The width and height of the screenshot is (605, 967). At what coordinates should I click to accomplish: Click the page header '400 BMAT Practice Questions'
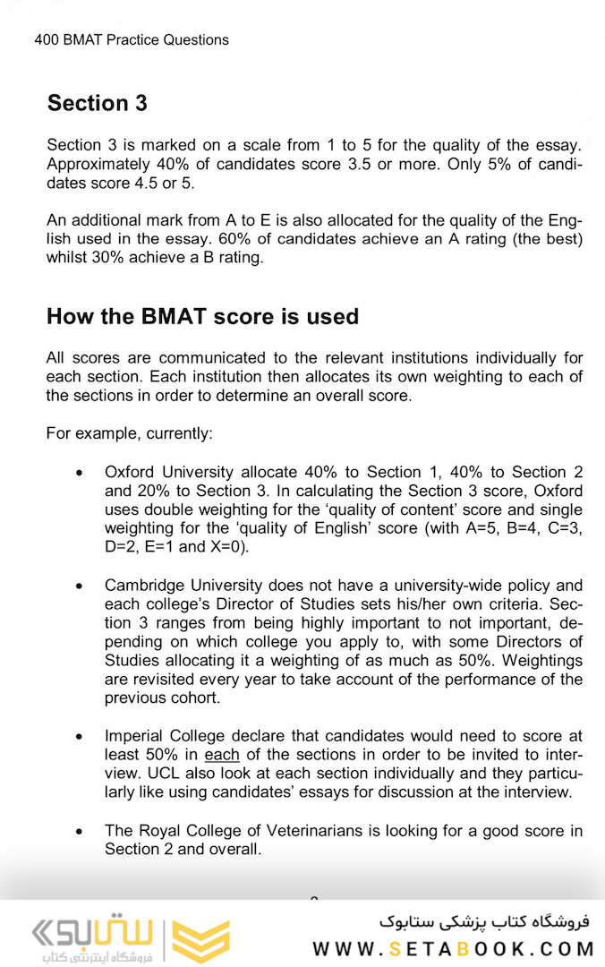132,39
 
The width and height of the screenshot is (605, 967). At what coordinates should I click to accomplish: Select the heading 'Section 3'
97,103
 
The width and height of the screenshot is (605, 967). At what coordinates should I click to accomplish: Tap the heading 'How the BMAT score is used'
202,316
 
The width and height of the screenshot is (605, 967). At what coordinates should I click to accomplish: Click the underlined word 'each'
222,755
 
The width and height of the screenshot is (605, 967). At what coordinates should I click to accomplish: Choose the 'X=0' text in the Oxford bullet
222,546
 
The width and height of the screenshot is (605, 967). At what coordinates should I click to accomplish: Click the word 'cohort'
192,698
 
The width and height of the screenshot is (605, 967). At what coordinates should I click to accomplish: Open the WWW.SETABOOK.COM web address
454,949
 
